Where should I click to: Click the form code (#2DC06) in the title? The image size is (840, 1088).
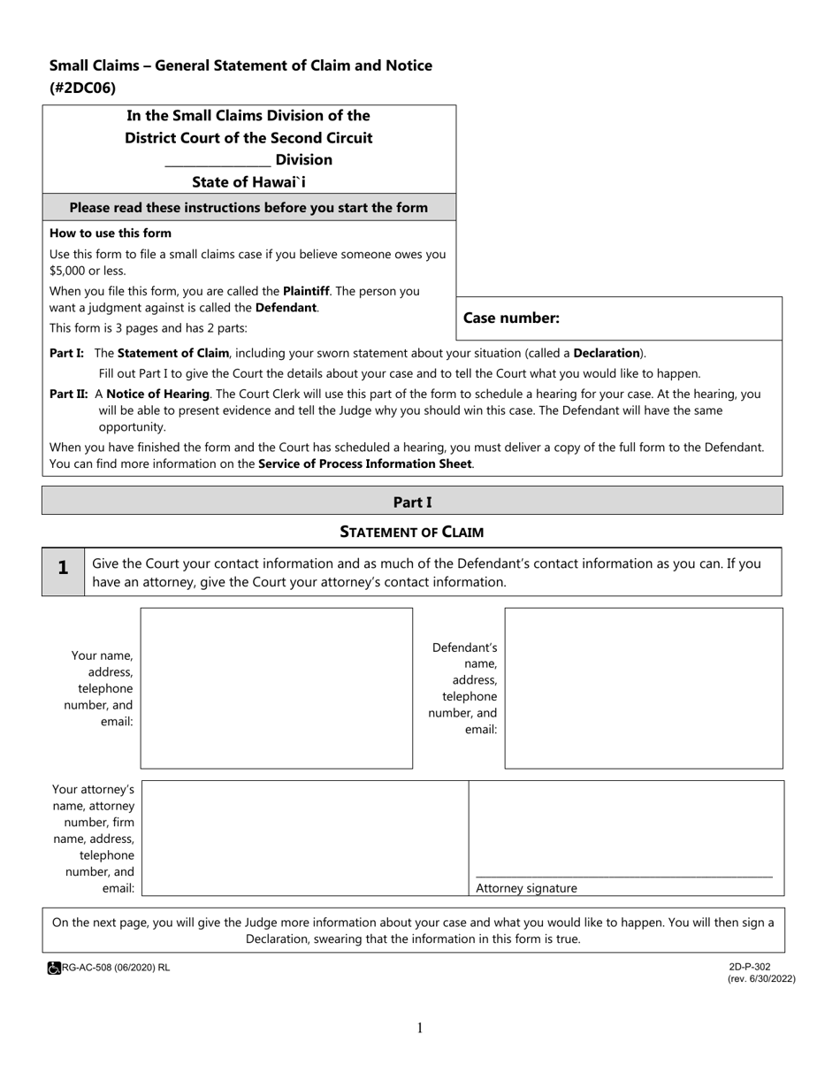(82, 88)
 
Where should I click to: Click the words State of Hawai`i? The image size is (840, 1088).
(249, 182)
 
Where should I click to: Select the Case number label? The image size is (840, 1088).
(511, 318)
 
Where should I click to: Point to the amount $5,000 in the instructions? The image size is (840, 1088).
(68, 271)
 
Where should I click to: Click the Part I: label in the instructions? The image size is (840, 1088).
(67, 353)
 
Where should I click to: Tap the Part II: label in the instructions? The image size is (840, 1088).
(69, 394)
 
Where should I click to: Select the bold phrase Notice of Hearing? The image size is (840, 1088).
(158, 394)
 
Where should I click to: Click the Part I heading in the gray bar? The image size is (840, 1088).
(412, 502)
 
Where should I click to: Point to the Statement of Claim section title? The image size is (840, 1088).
(412, 532)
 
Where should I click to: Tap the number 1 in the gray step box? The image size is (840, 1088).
(63, 569)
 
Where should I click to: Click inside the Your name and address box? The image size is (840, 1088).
(276, 687)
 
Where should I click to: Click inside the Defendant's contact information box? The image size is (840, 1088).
(643, 687)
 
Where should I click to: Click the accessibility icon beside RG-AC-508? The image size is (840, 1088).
(54, 969)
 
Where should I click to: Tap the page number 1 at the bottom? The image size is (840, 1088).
(420, 1028)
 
